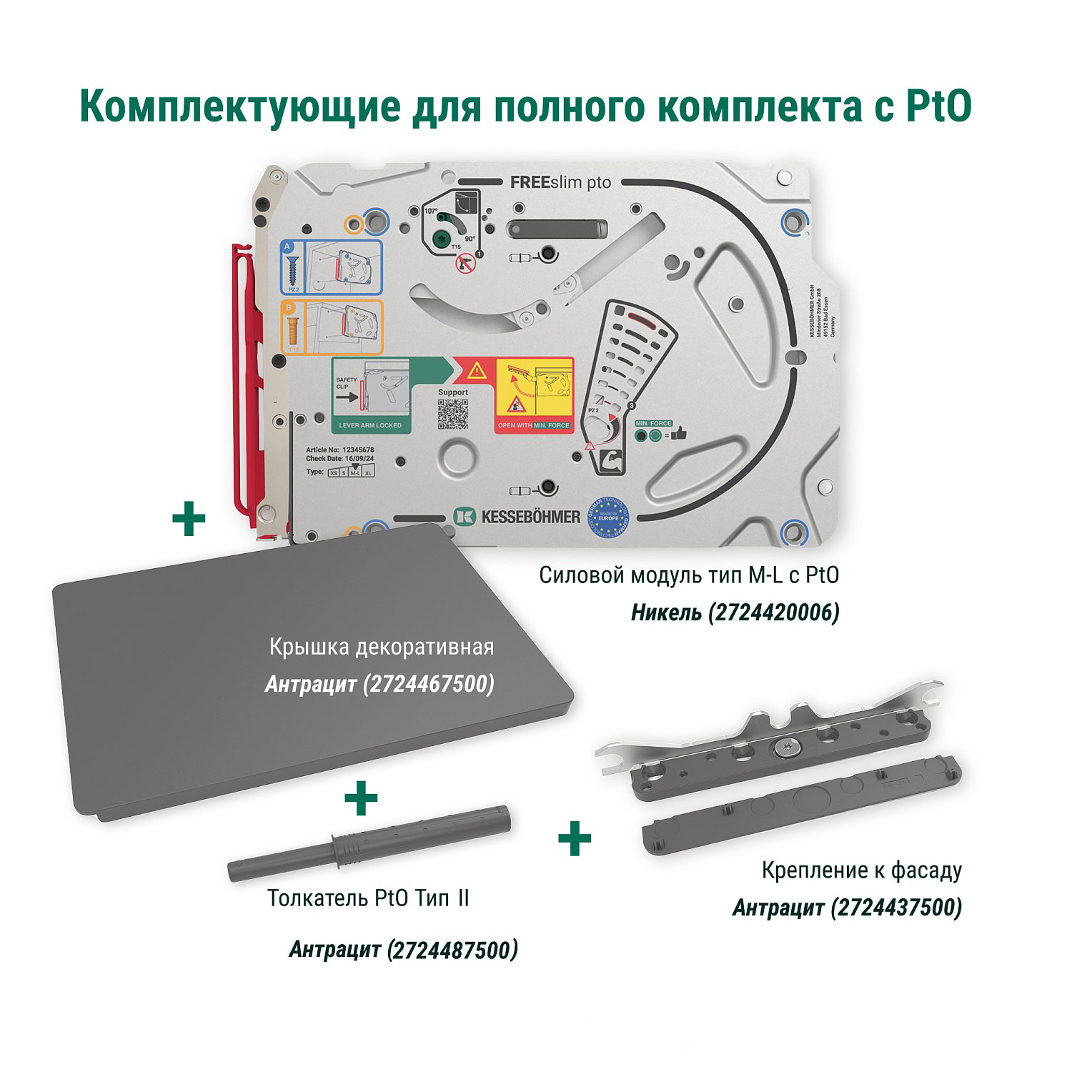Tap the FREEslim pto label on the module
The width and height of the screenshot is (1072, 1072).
point(560,183)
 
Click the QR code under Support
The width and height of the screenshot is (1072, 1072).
point(452,414)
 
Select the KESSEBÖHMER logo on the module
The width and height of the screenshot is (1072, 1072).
point(517,516)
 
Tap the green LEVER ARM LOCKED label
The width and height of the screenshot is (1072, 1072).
point(370,425)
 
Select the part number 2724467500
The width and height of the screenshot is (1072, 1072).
point(428,685)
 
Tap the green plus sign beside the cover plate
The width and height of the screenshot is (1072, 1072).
point(189,520)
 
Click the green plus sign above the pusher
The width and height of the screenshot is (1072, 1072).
point(361,798)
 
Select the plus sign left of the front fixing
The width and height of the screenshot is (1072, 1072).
point(575,839)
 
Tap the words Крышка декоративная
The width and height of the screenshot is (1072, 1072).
point(382,647)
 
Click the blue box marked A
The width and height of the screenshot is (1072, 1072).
point(330,267)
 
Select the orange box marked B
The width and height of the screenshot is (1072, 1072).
point(330,327)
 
